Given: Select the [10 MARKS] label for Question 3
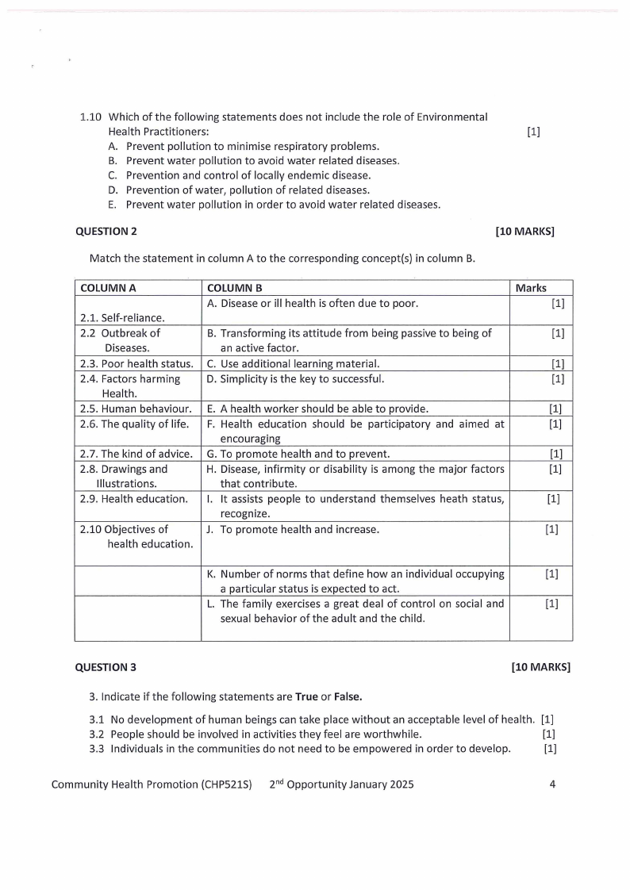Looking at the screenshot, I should (x=541, y=667).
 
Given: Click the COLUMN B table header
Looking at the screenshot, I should (x=234, y=289).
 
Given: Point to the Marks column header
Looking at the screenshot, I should (x=531, y=289).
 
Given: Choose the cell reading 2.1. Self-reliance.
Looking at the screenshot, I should (x=122, y=318).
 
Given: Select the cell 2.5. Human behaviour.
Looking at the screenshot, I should (x=136, y=409).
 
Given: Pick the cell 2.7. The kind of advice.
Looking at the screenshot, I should (x=136, y=455).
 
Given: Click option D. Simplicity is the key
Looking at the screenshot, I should (x=295, y=378).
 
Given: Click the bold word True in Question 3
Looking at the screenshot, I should (x=306, y=697).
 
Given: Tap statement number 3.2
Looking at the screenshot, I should (x=98, y=734).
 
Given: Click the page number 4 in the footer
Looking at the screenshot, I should (x=552, y=785).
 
